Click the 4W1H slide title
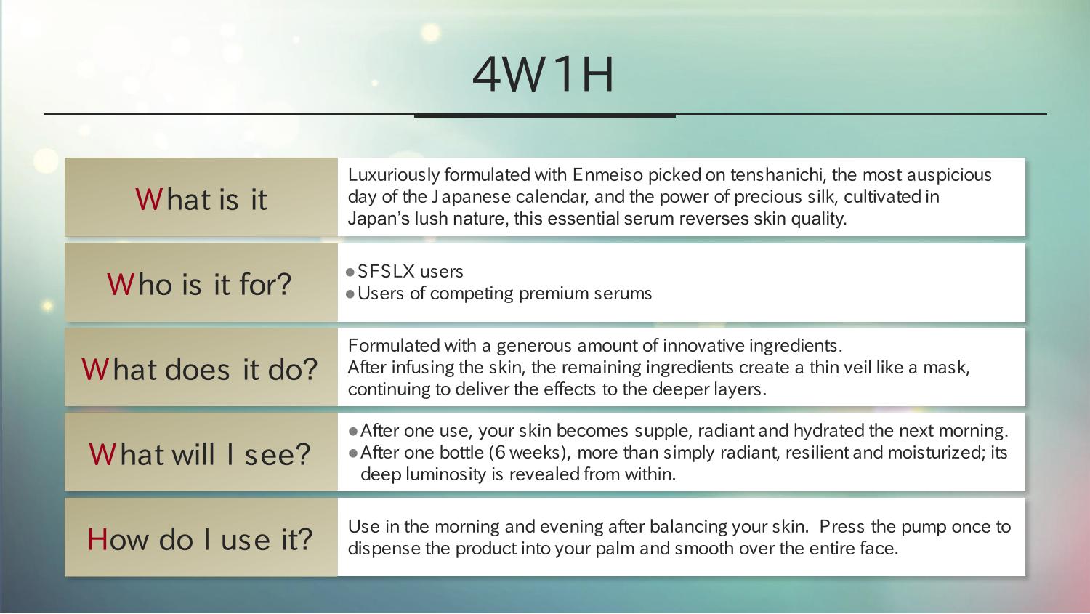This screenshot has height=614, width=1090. click(x=543, y=75)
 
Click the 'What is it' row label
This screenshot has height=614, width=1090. click(x=201, y=199)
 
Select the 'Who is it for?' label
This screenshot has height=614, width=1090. click(x=199, y=284)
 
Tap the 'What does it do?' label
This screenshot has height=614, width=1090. click(x=200, y=369)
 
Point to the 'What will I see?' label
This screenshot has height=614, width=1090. click(x=200, y=454)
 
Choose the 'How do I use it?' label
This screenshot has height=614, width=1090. click(x=200, y=540)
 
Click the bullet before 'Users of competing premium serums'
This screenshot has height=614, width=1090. click(x=350, y=294)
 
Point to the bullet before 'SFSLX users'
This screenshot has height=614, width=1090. click(x=350, y=272)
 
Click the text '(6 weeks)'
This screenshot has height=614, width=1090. click(x=530, y=453)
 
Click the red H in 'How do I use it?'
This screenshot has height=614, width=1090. click(x=97, y=540)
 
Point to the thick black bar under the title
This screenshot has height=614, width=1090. click(x=544, y=116)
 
